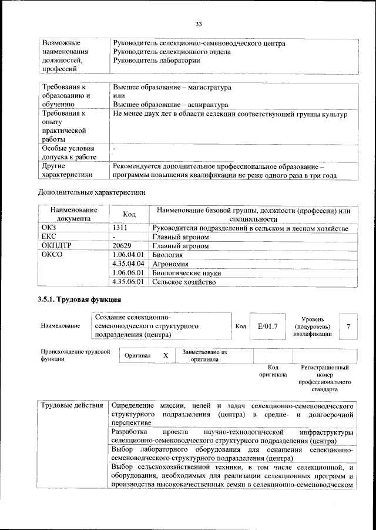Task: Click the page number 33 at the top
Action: (x=199, y=24)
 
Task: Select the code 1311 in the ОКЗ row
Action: (x=120, y=228)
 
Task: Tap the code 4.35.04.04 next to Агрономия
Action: (x=128, y=264)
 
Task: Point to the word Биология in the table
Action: (x=167, y=255)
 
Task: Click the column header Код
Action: (x=129, y=215)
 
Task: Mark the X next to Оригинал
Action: (x=166, y=356)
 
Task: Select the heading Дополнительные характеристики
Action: (x=91, y=192)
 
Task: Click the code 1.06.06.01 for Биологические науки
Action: (x=128, y=273)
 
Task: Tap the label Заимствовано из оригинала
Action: (x=204, y=356)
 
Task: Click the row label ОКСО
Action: (x=52, y=255)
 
